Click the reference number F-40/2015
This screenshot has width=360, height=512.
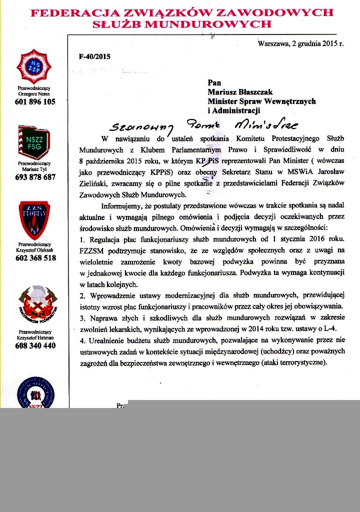point(94,56)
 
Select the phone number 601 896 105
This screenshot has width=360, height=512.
point(35,101)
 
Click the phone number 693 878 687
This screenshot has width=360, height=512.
point(35,177)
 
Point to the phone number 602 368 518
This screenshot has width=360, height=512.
point(35,258)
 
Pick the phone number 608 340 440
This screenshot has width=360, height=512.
point(35,345)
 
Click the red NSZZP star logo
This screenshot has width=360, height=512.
point(35,66)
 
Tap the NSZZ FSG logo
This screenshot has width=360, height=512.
point(34,142)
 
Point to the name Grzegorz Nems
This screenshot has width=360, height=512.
point(34,93)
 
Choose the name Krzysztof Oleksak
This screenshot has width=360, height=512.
point(34,250)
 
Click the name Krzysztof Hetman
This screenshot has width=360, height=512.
point(34,337)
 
